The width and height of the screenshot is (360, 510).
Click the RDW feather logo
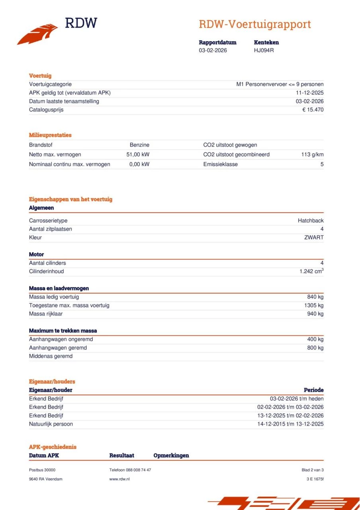point(38,34)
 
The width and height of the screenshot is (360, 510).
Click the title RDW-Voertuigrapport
point(254,24)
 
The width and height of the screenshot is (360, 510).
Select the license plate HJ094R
point(264,50)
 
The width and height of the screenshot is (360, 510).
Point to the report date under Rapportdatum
point(213,50)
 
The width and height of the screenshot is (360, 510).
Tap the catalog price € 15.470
point(313,110)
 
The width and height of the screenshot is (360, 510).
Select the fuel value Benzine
point(139,145)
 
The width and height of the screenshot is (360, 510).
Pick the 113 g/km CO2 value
point(312,155)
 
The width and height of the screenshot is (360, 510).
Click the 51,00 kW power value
point(138,155)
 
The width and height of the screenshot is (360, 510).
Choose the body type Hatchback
point(311,221)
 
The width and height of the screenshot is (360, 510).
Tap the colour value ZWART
point(314,237)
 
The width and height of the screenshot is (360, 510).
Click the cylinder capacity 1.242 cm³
point(311,271)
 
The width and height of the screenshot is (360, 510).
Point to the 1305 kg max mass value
point(314,305)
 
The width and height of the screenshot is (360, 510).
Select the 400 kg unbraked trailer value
point(315,339)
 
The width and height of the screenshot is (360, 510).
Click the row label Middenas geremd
point(51,356)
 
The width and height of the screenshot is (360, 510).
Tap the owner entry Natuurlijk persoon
point(51,424)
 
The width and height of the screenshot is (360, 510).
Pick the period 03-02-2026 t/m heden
point(297,398)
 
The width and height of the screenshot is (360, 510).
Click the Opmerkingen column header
point(171,455)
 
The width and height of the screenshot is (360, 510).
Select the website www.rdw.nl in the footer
point(119,479)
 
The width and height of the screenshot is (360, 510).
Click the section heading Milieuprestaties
point(50,135)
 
